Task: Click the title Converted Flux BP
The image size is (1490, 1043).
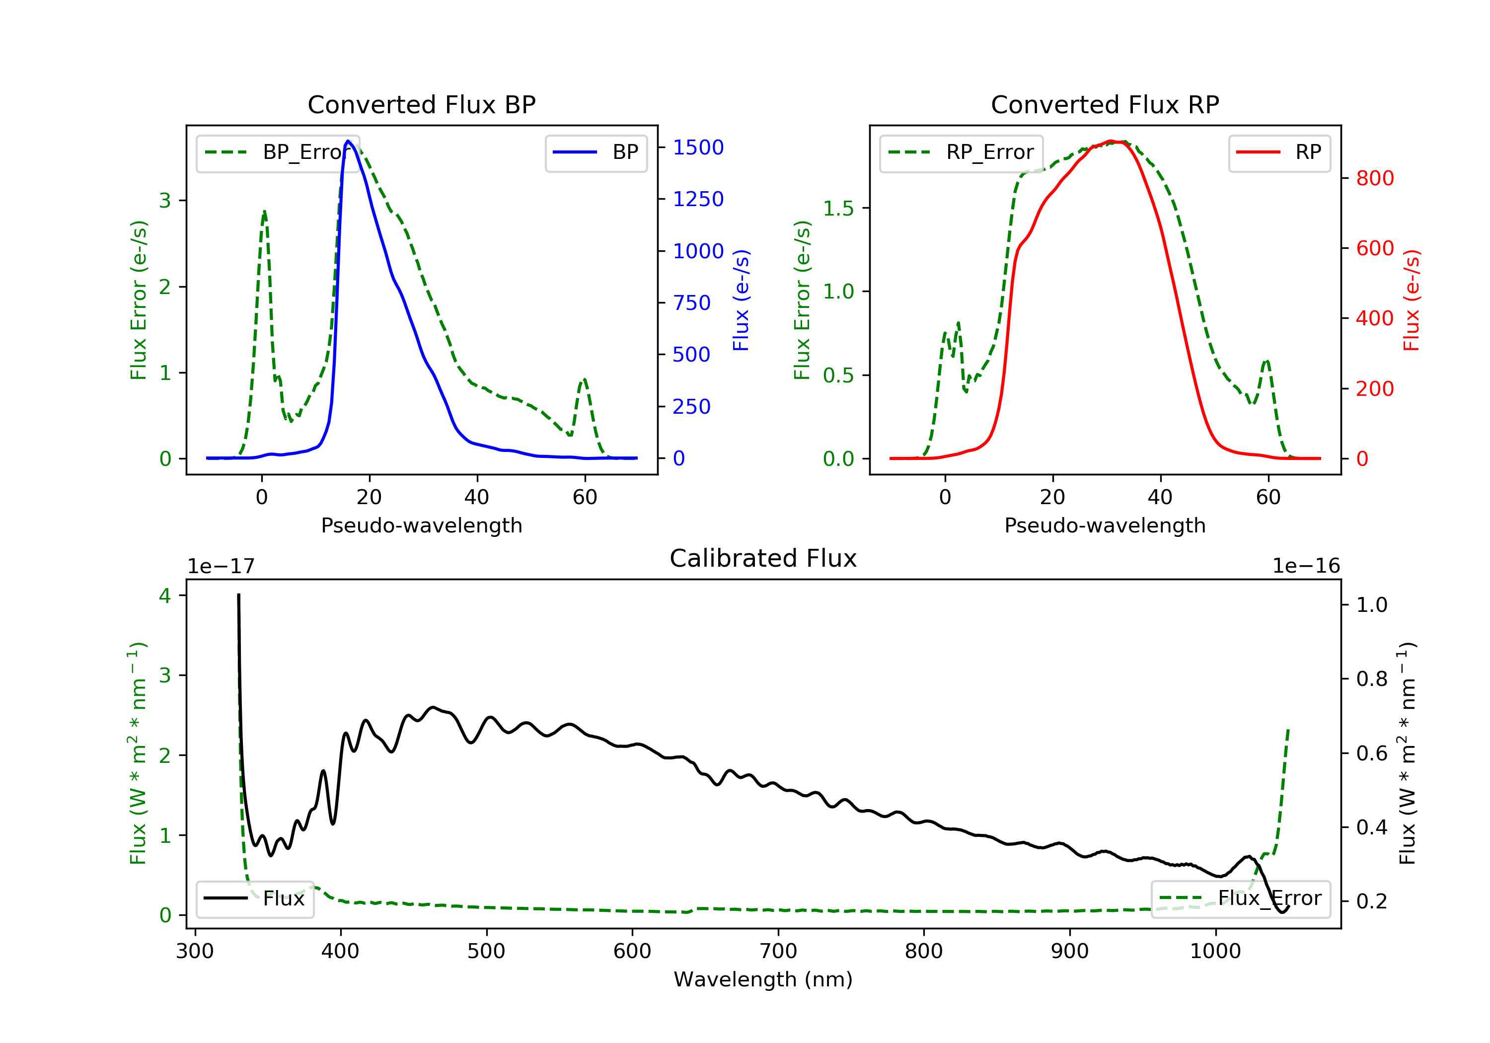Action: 421,104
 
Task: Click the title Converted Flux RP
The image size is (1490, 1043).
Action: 1105,104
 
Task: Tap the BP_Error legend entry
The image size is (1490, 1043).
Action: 278,152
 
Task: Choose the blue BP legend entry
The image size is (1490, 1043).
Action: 596,152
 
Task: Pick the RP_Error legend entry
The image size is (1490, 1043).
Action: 961,152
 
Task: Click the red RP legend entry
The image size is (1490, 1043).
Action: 1279,152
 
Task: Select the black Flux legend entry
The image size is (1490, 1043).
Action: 254,898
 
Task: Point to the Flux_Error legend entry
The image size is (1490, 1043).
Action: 1240,898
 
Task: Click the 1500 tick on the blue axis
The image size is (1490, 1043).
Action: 698,148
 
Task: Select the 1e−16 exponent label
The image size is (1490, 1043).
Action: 1306,566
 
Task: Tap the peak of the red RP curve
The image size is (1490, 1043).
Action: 1111,141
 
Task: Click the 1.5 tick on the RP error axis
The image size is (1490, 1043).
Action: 838,208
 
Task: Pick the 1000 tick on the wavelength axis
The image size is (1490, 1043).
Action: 1215,952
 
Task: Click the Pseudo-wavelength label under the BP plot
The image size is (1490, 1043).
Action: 421,525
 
